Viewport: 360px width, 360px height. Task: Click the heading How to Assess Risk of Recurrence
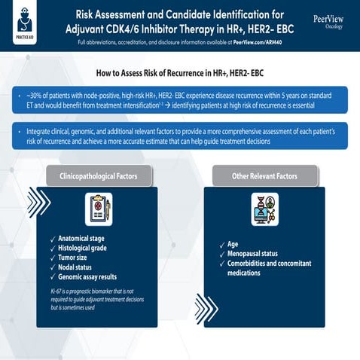click(x=179, y=74)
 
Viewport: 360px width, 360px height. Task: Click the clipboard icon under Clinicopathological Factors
click(x=98, y=210)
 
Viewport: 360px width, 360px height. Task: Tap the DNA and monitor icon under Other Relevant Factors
click(x=264, y=209)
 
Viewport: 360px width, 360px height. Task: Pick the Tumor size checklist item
click(x=77, y=258)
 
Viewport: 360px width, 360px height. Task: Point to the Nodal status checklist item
click(x=81, y=267)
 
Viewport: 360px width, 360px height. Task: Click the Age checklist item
click(x=233, y=244)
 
